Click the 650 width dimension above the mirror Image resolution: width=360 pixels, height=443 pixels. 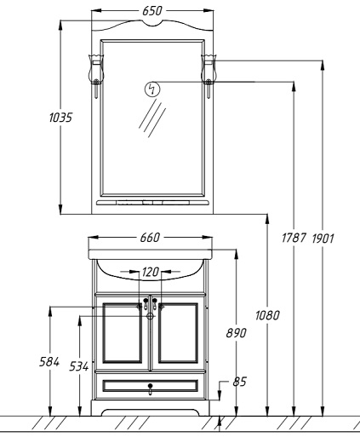152,11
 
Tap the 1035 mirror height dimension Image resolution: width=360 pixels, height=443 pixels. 60,118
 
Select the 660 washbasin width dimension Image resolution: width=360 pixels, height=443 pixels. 150,238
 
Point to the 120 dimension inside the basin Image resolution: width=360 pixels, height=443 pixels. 151,272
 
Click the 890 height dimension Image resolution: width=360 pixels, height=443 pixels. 236,332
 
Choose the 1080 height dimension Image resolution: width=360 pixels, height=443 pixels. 267,315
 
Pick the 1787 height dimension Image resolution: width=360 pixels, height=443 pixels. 294,238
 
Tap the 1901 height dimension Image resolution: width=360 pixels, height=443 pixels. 323,239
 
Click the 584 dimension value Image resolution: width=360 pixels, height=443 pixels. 49,362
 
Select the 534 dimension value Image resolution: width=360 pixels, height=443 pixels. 79,366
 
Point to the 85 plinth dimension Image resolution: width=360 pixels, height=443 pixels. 239,382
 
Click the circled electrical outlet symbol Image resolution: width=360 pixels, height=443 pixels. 152,89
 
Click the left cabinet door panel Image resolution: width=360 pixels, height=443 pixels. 123,333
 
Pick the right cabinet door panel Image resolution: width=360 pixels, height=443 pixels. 178,333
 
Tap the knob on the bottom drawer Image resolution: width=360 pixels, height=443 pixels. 151,388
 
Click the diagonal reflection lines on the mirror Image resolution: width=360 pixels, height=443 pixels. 152,118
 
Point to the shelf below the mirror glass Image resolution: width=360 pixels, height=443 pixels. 152,203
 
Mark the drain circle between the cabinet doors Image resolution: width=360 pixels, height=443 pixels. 151,316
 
